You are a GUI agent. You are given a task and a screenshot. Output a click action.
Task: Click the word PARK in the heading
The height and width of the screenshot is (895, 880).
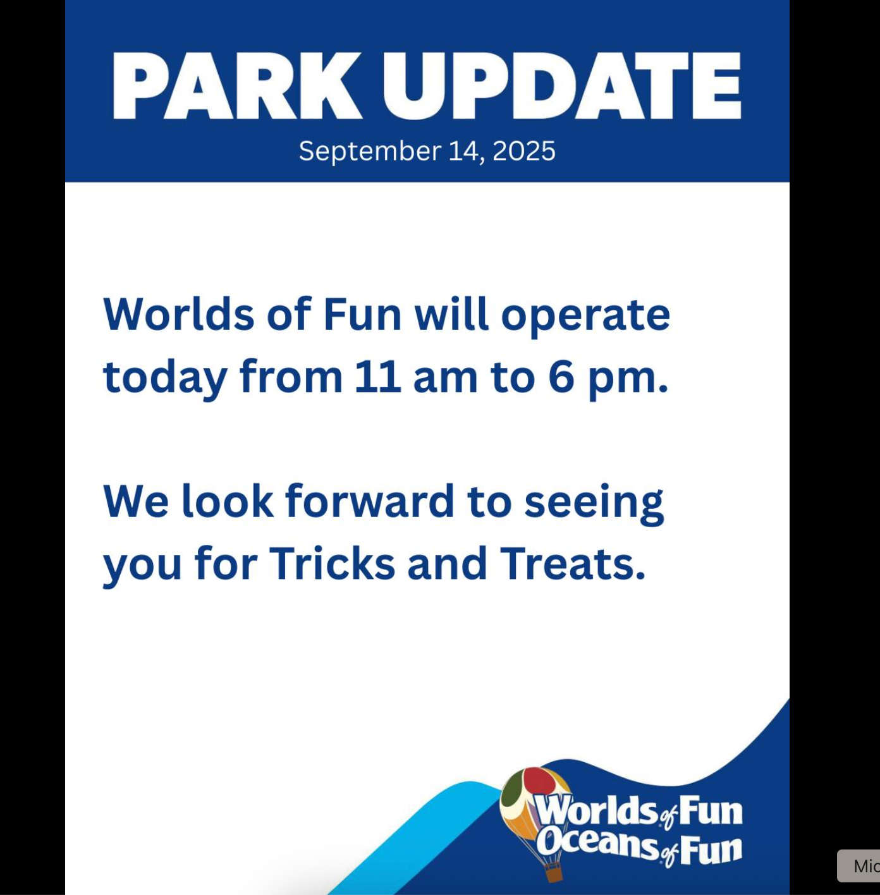(237, 86)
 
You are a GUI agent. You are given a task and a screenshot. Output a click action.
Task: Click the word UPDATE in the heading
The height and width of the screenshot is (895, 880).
(561, 86)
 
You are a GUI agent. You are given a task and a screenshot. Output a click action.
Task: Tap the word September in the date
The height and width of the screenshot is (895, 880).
(370, 152)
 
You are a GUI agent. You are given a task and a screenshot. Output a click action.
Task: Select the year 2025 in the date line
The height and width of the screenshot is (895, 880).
(523, 151)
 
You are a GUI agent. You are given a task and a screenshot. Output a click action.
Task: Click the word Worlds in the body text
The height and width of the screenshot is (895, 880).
(178, 314)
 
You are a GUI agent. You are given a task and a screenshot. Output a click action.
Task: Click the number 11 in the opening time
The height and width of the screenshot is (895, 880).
(377, 377)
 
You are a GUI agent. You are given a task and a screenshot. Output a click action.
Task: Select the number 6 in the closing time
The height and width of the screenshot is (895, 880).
(561, 377)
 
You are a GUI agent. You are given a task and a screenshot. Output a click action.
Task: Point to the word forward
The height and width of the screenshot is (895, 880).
(369, 501)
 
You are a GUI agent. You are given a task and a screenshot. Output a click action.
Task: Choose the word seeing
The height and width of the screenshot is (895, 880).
(594, 505)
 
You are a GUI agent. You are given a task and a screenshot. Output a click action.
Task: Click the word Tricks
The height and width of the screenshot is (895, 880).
(332, 564)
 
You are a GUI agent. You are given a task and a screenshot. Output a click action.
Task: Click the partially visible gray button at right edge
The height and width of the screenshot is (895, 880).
(859, 866)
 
